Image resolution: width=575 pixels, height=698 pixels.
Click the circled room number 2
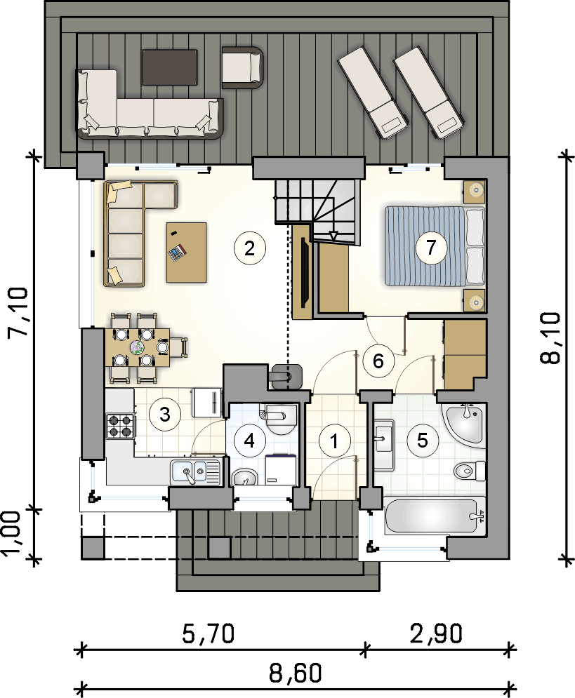point(249,248)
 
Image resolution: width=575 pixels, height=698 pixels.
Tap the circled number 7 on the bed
point(430,247)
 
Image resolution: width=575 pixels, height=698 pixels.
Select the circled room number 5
point(422,441)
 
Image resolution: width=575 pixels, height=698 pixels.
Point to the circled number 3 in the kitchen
point(165,415)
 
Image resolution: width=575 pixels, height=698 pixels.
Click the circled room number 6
point(378,361)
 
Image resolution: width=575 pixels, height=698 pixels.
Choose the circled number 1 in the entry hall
point(333,441)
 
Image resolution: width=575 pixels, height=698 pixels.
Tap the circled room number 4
point(249,441)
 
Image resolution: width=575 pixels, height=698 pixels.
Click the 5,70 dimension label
point(208,633)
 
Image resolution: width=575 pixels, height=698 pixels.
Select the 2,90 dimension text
point(436,633)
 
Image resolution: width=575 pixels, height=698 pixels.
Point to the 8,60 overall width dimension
point(295,673)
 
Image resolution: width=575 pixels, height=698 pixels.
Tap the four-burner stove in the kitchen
point(120,426)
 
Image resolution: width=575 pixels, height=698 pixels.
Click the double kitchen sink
point(194,472)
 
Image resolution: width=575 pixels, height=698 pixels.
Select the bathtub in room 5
point(435,516)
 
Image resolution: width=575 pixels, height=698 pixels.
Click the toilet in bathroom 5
point(470,470)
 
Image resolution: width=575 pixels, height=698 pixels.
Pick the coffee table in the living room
point(186,253)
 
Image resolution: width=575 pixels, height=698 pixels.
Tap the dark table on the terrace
point(170,67)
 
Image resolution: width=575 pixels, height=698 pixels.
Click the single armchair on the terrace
point(243,67)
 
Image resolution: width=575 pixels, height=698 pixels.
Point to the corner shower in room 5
point(463,423)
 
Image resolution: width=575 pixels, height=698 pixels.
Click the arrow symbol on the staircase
point(333,236)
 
